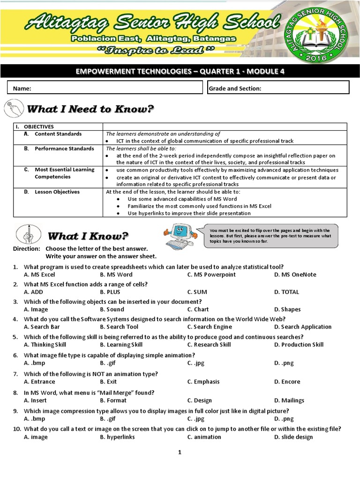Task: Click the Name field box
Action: [105, 88]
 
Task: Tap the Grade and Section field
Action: [278, 88]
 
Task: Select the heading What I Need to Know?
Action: [90, 109]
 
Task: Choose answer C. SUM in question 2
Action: [197, 292]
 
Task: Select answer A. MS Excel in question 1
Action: [39, 275]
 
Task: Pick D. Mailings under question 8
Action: [289, 401]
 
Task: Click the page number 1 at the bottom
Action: [179, 452]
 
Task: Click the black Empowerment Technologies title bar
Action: [180, 71]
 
